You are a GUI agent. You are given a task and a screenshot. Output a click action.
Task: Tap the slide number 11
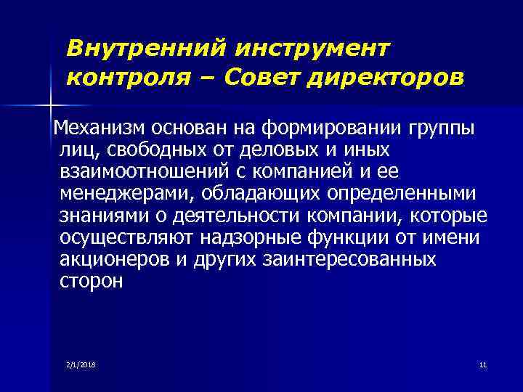pyautogui.click(x=482, y=364)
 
